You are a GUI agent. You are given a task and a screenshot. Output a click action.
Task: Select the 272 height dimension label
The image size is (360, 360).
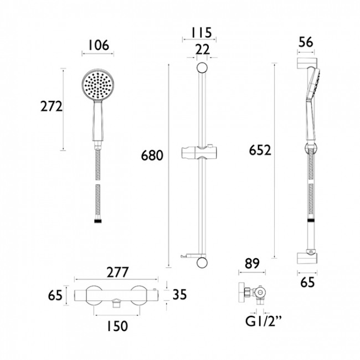point(52,107)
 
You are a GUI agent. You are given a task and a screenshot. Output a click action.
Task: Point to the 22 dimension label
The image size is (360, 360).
point(203,50)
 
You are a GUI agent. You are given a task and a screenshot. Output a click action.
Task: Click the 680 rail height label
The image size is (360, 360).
point(152,156)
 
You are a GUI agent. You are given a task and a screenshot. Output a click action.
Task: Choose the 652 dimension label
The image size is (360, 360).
point(260,150)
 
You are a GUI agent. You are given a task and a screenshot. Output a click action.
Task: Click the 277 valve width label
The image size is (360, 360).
point(118,272)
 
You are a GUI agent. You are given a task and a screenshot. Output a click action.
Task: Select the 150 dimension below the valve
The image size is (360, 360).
point(116,326)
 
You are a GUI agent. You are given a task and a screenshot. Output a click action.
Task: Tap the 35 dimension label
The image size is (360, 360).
point(179,294)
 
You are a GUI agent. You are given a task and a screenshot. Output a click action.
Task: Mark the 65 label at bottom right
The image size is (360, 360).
point(307,283)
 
